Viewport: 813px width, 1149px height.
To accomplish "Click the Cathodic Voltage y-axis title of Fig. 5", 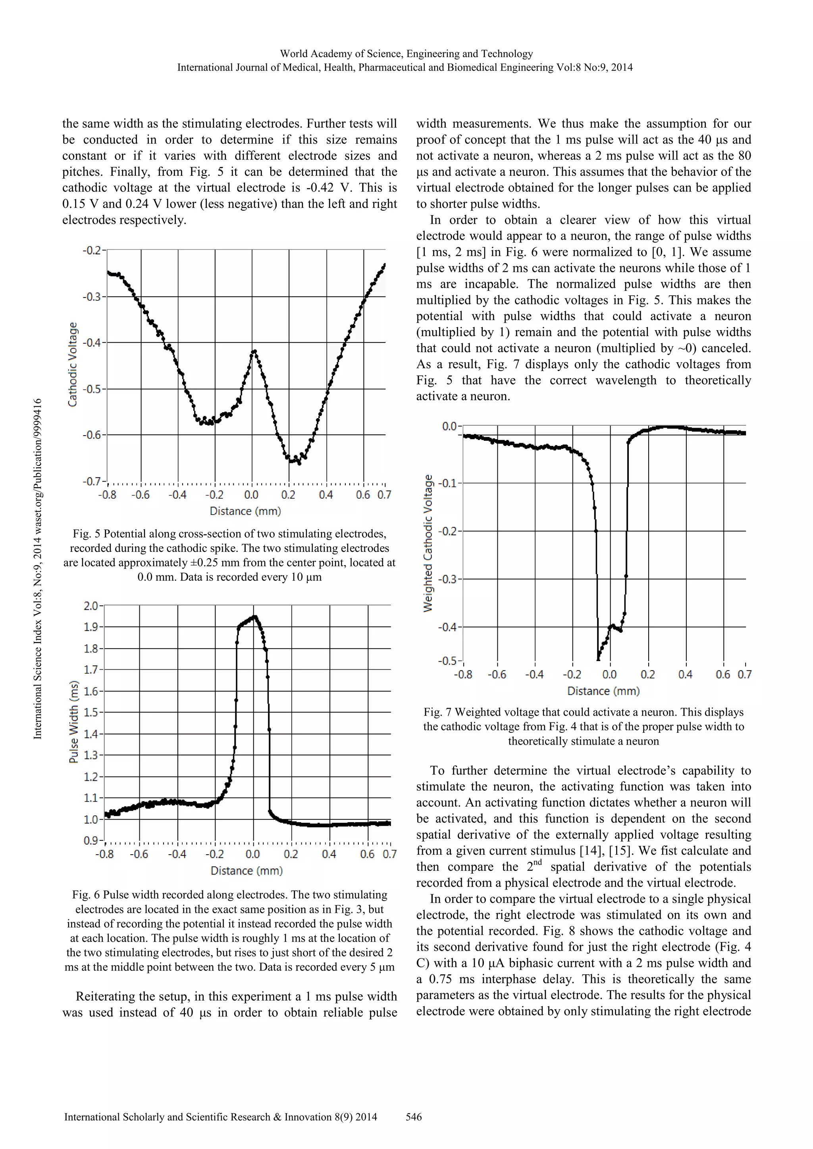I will click(x=73, y=364).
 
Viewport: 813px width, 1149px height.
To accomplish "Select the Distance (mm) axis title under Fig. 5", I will click(x=245, y=511).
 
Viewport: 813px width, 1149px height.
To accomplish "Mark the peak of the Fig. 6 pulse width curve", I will click(x=255, y=617).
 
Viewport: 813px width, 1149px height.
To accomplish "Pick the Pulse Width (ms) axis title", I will click(x=73, y=722).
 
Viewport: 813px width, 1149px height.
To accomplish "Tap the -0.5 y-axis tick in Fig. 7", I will click(x=448, y=661).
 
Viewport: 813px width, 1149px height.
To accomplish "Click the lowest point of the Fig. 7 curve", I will click(x=599, y=659).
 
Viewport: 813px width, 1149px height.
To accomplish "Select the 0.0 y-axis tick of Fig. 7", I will click(x=449, y=427).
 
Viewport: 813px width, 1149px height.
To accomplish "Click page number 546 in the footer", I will click(x=414, y=1117).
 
